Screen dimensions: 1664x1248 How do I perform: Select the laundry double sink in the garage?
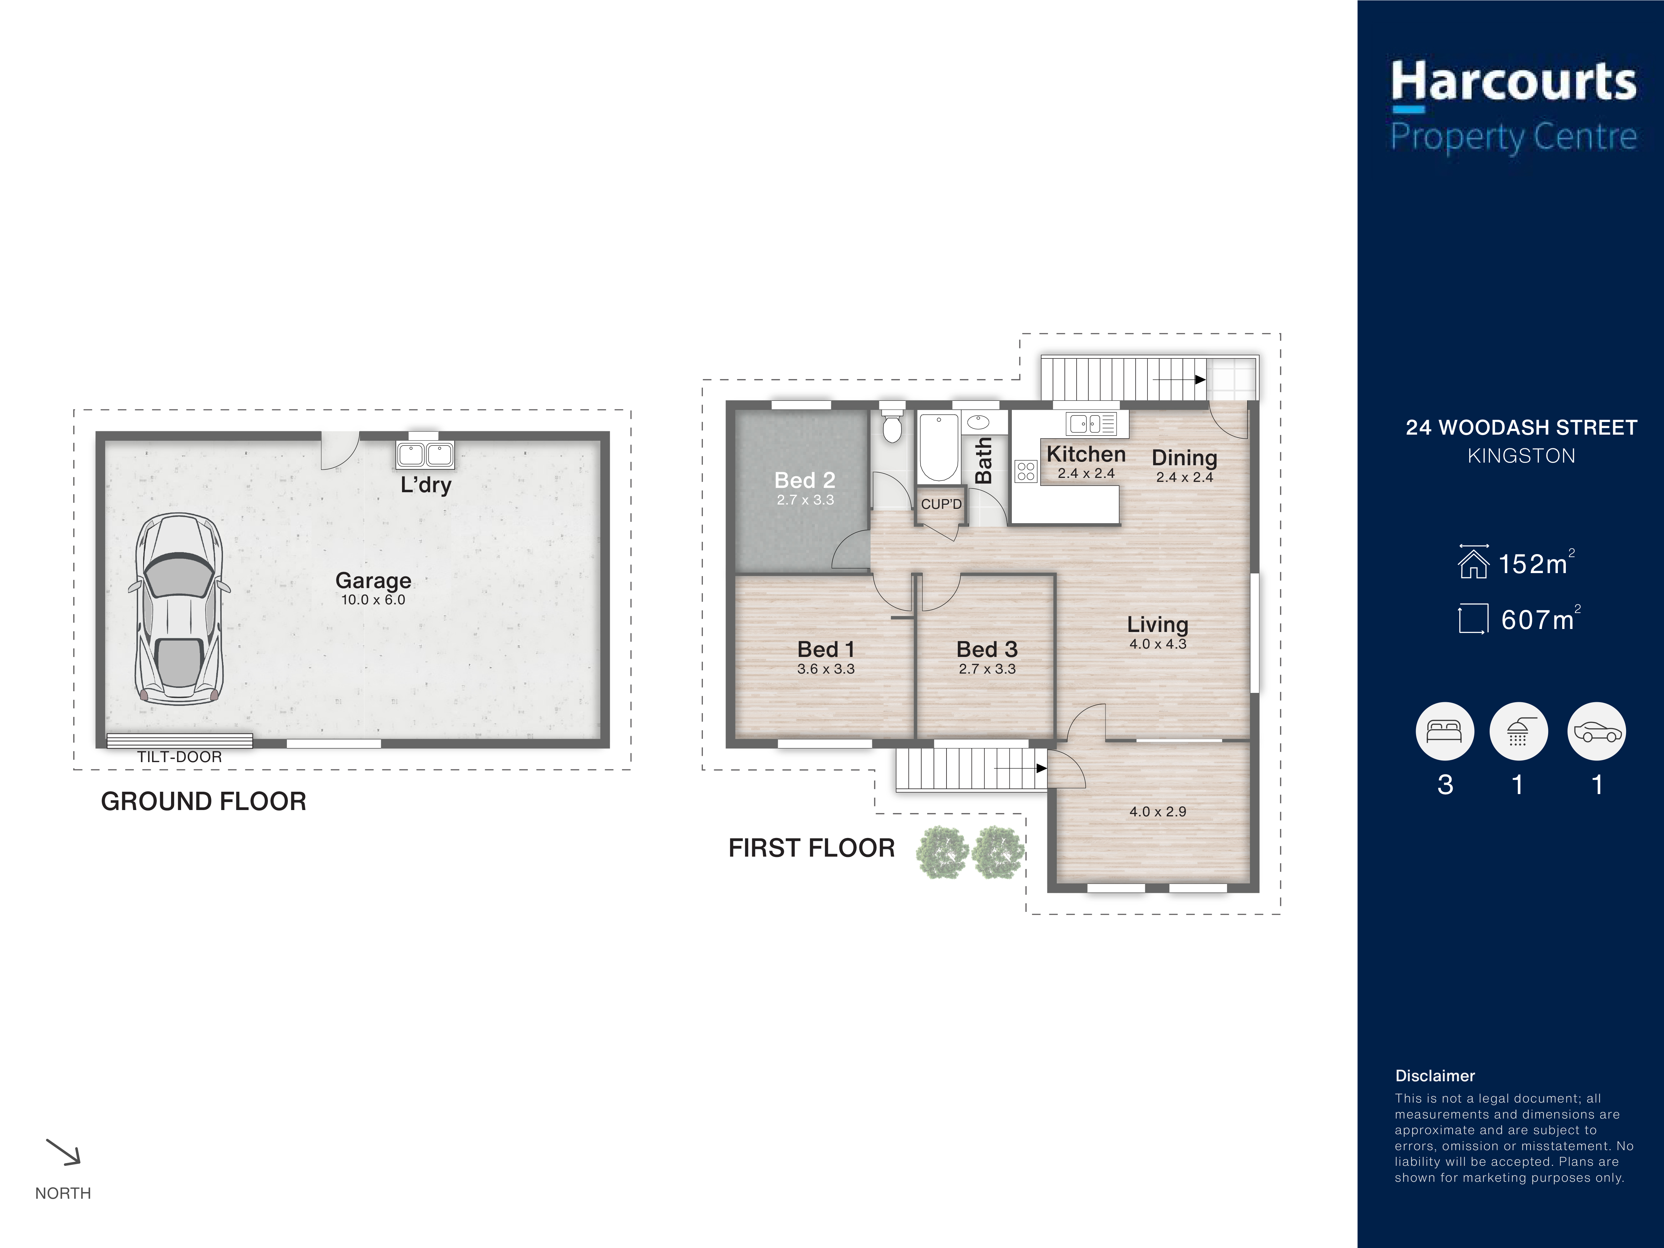point(425,454)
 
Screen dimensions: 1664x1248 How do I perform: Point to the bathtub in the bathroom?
point(939,448)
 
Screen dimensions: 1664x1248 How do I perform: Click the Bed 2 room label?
point(805,480)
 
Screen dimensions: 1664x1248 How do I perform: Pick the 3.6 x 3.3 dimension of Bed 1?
point(826,669)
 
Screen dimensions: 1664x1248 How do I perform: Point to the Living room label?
point(1158,624)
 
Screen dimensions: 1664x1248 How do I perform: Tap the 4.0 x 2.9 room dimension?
point(1158,812)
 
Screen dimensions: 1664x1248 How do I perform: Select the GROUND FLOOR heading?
point(204,801)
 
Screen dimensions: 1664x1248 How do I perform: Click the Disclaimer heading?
point(1435,1076)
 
